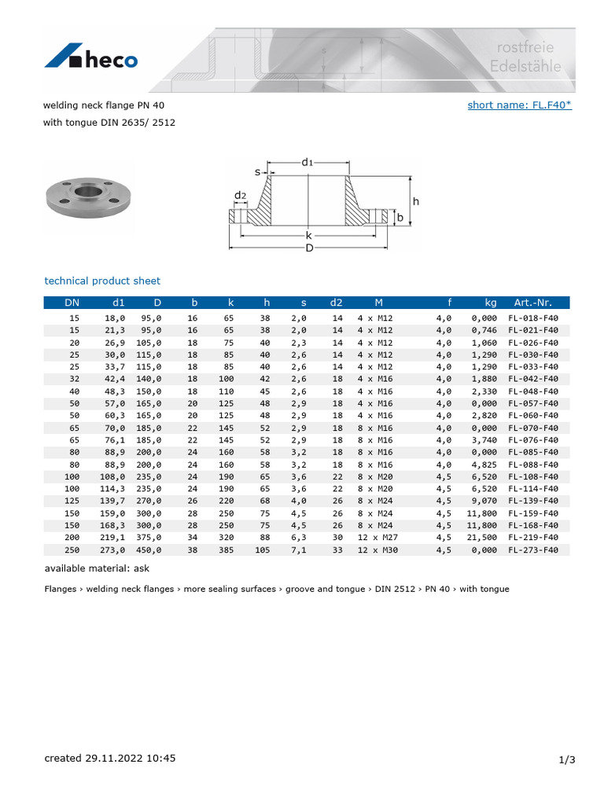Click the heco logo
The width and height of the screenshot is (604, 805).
point(91,58)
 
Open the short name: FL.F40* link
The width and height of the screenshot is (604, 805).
point(519,105)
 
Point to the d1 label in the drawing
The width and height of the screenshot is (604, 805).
point(308,162)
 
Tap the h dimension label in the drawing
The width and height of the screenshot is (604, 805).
point(416,201)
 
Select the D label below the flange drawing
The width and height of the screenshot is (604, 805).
point(309,248)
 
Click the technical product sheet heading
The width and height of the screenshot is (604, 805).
point(102,281)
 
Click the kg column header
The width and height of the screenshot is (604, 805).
point(491,302)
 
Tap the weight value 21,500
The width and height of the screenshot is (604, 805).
point(484,538)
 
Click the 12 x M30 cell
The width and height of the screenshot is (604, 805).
point(378,550)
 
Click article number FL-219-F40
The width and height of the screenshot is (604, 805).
point(532,538)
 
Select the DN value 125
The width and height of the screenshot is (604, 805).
point(72,501)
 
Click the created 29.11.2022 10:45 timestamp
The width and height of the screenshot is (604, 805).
point(110,759)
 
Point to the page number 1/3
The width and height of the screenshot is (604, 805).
point(567,759)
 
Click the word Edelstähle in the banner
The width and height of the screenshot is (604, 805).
point(525,67)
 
